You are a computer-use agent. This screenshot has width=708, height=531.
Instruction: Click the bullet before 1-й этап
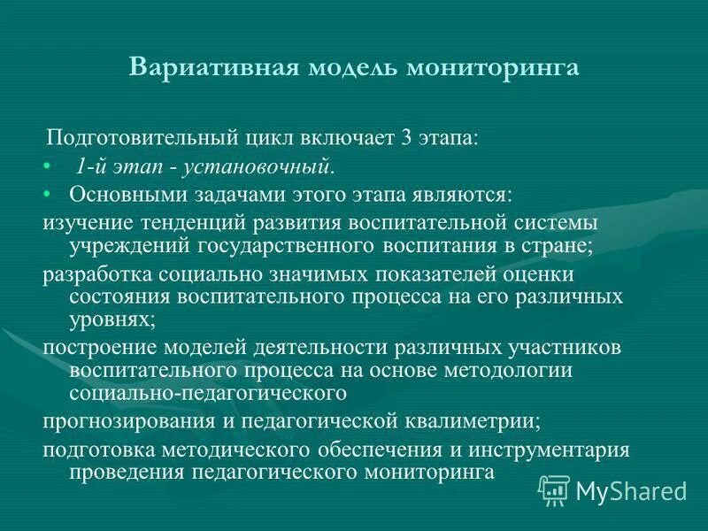pyautogui.click(x=47, y=166)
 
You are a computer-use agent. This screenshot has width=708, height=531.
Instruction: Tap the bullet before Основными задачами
pyautogui.click(x=47, y=193)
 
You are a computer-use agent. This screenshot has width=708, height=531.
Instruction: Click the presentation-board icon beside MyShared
pyautogui.click(x=554, y=489)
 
